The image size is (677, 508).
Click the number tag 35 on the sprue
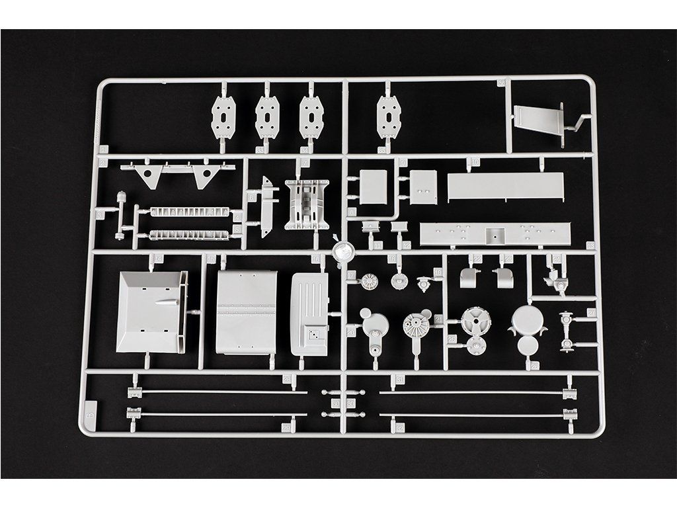pyautogui.click(x=382, y=150)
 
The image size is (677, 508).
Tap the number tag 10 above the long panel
pyautogui.click(x=475, y=162)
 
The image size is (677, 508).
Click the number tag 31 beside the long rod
pyautogui.click(x=399, y=379)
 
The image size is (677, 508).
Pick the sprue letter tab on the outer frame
pyautogui.click(x=91, y=408)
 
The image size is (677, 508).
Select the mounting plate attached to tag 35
pyautogui.click(x=389, y=117)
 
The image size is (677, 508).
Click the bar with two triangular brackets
pyautogui.click(x=177, y=173)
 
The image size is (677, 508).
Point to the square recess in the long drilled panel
pyautogui.click(x=494, y=233)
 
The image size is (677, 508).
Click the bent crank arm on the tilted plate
pyautogui.click(x=577, y=124)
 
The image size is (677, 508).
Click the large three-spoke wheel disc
pyautogui.click(x=475, y=321)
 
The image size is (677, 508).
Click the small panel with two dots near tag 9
pyautogui.click(x=423, y=187)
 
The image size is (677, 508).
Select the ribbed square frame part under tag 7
pyautogui.click(x=306, y=204)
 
